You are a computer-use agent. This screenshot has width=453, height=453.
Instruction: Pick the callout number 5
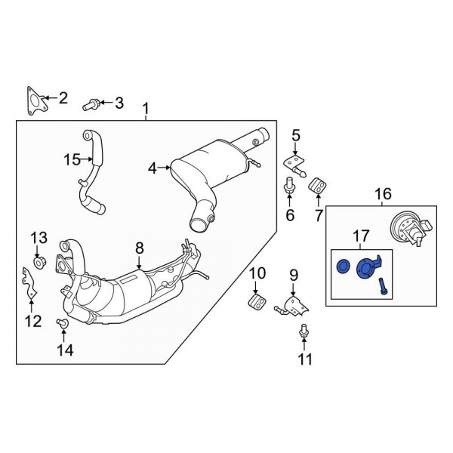coord(296,136)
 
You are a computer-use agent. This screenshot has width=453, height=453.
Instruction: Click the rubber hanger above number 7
coord(318,183)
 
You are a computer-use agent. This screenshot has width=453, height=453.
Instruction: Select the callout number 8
coord(139,246)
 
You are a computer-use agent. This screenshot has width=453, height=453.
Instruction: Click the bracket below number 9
coord(291,307)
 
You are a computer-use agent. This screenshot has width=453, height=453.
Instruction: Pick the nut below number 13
coord(42,262)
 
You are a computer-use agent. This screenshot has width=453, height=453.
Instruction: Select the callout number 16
coord(382,193)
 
